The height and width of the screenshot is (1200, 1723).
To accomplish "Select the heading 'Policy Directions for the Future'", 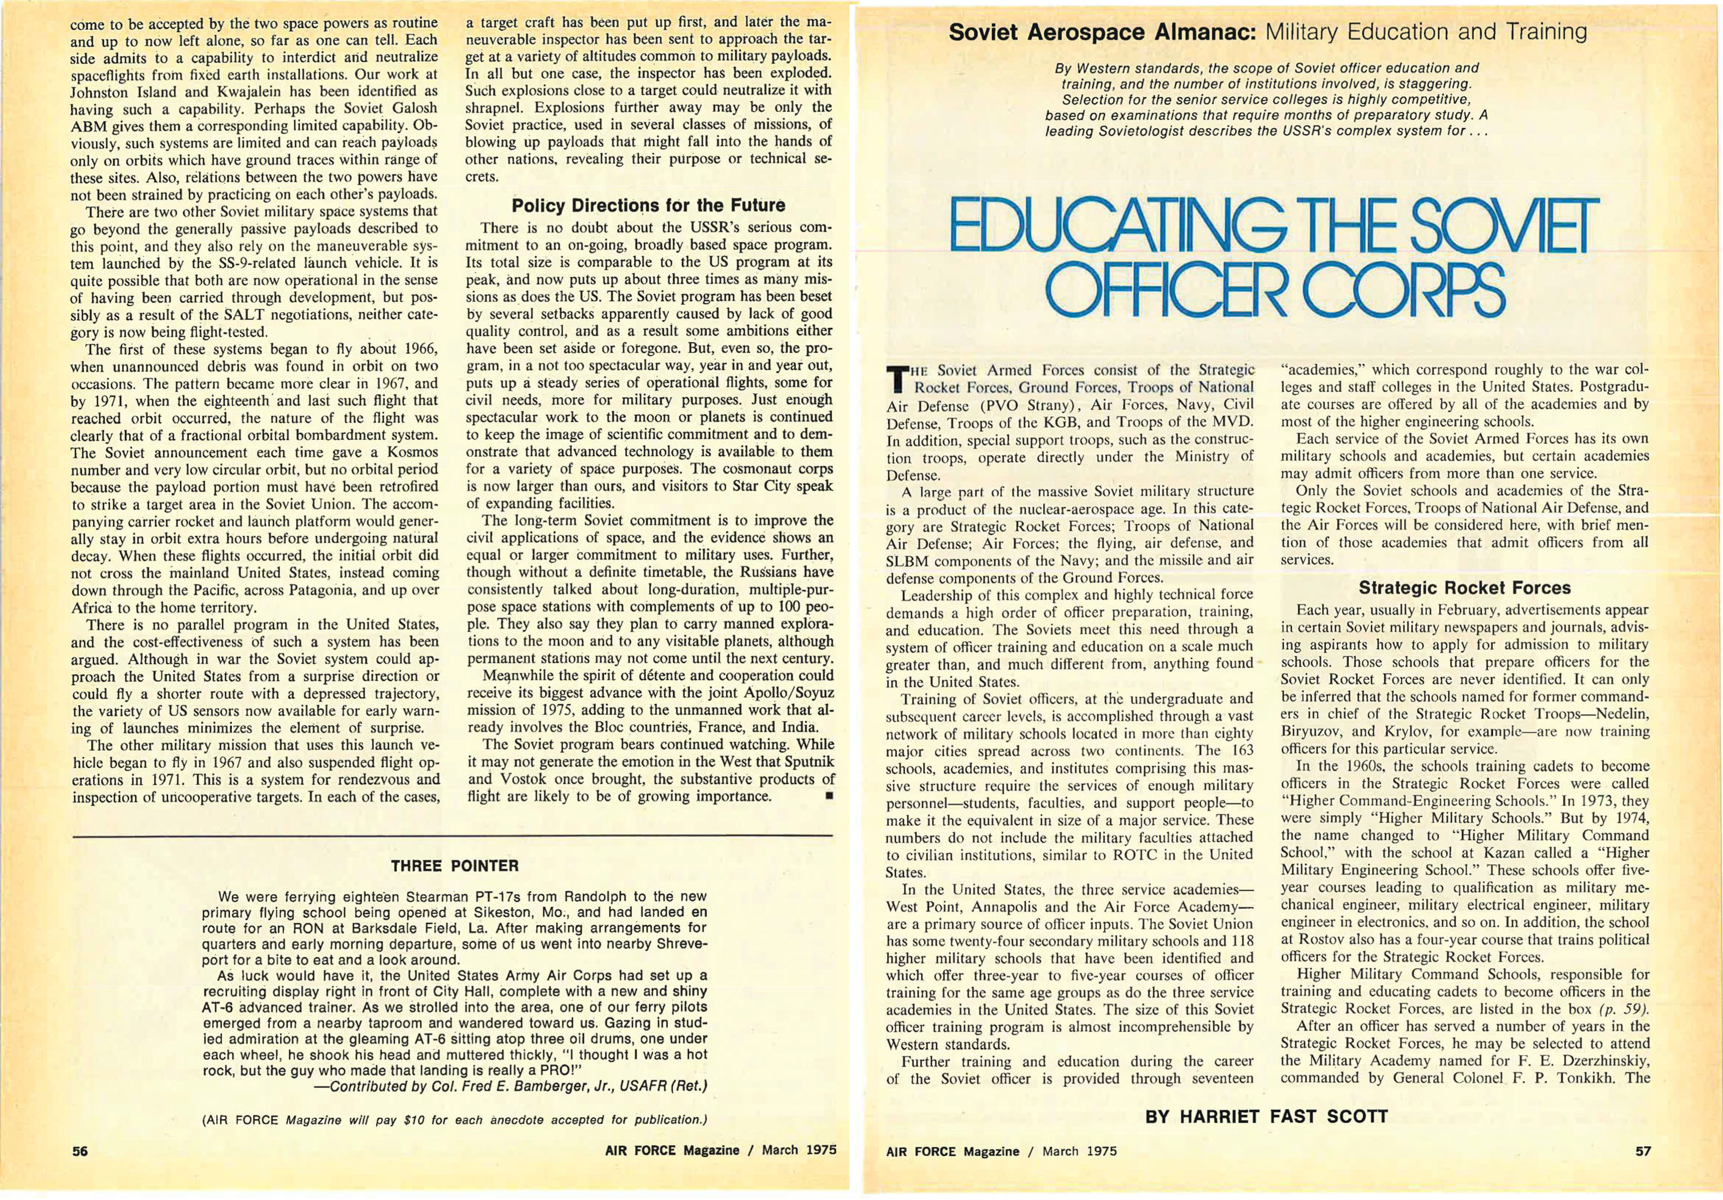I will point(648,206).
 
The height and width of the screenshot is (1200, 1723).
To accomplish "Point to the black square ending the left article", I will point(828,797).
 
